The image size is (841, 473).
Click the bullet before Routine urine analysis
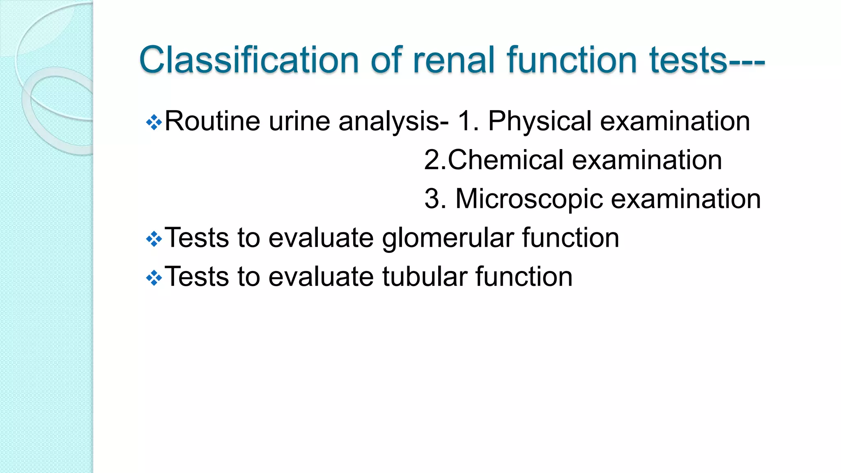coord(154,122)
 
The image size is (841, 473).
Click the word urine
coord(299,122)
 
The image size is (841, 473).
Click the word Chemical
coord(506,160)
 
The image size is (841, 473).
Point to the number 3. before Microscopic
coord(435,199)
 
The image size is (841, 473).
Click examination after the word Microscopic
coord(686,199)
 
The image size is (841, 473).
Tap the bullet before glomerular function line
coord(154,239)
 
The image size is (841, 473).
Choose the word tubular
coord(425,277)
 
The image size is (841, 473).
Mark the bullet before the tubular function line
coord(154,278)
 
